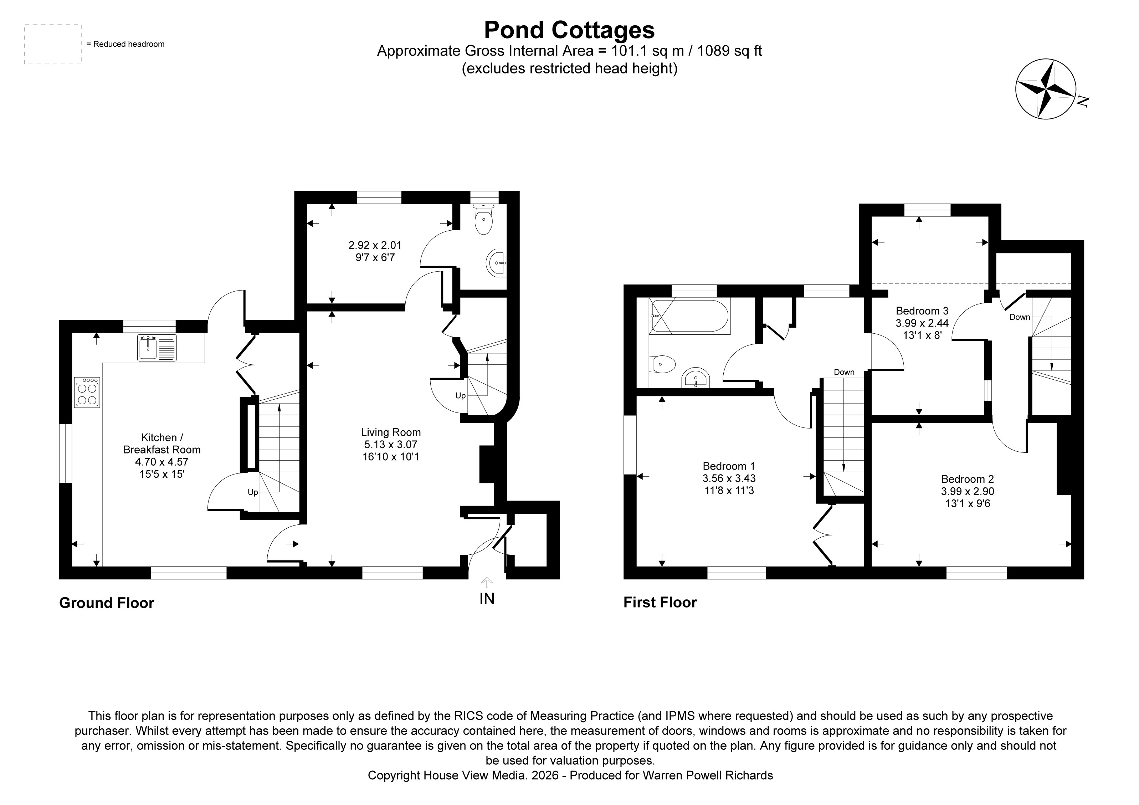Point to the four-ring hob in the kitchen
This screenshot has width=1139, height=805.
click(x=87, y=392)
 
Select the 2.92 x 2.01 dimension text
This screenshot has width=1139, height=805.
click(x=375, y=245)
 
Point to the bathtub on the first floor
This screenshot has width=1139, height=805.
click(x=689, y=316)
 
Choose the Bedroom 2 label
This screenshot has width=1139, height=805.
click(x=968, y=479)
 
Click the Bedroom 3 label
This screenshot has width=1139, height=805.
click(x=922, y=311)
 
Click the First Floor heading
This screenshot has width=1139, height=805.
click(x=660, y=602)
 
